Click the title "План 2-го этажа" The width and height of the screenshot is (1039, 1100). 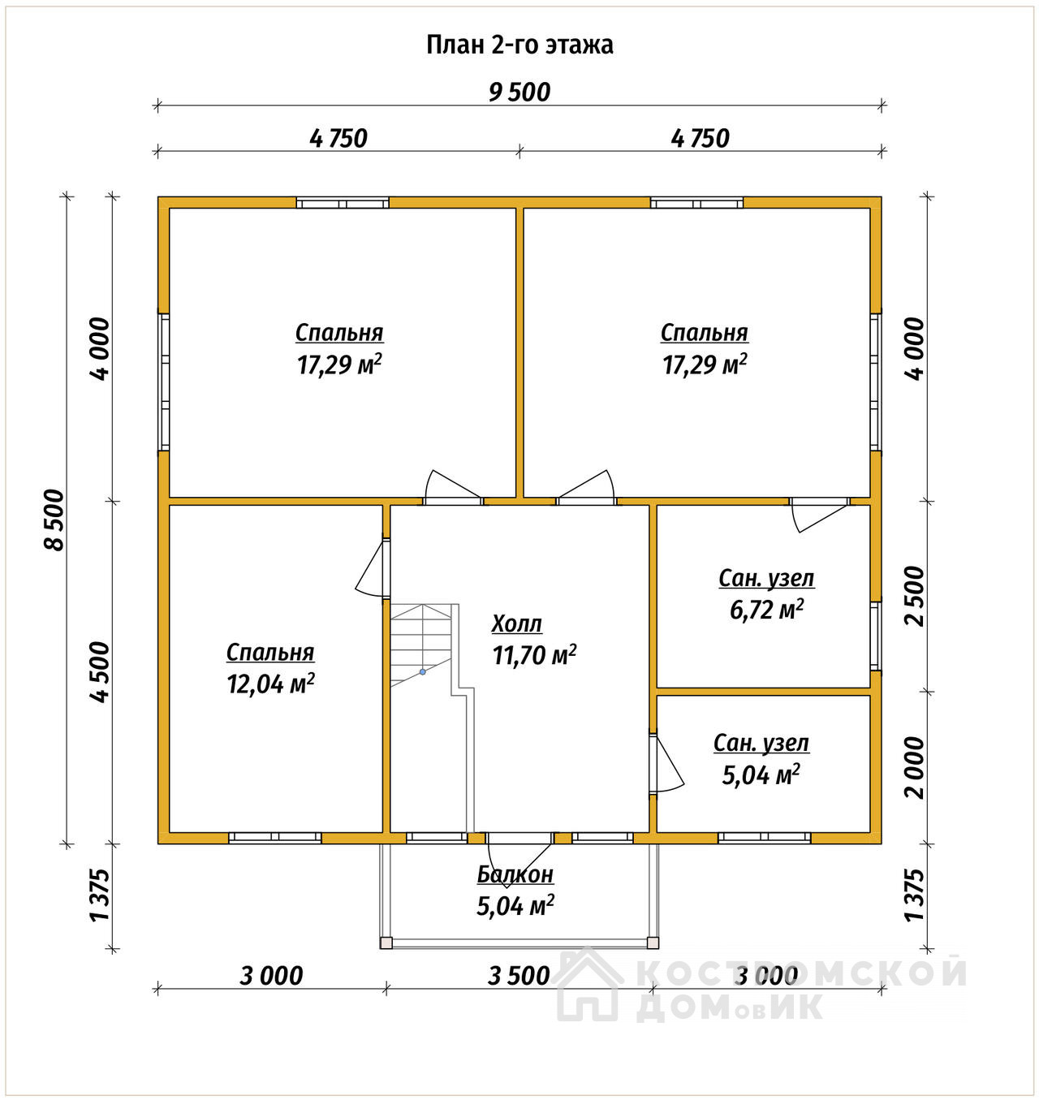coord(519,45)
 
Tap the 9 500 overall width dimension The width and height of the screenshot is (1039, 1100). coord(519,93)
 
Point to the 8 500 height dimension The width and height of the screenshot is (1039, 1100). coord(54,520)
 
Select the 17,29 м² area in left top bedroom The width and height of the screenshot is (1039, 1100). coord(339,365)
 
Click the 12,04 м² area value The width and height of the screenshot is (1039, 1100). coord(271,684)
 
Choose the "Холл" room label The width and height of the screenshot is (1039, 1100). coord(516,623)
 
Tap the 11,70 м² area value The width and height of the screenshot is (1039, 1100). coord(534,655)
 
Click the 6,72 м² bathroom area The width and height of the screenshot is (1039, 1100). coord(766,610)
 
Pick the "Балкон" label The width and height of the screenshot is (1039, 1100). coord(515,874)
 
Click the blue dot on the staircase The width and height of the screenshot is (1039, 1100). coord(423,672)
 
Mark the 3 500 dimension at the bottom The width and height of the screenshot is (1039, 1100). coord(519,976)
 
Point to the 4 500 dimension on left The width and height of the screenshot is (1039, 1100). coord(100,672)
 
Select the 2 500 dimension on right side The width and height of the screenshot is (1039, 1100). coord(915,596)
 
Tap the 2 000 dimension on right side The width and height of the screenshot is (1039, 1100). coord(915,767)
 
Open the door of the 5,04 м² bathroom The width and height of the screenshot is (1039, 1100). coord(666,765)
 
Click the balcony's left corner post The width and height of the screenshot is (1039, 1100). coord(386,943)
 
